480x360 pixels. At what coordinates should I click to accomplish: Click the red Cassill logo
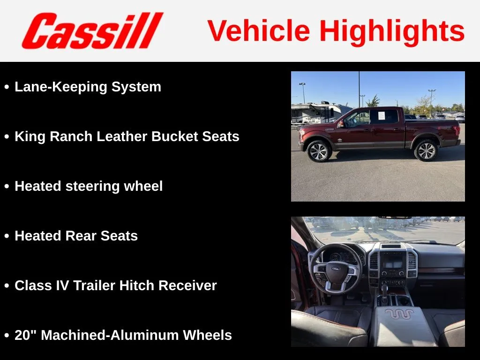coord(92,30)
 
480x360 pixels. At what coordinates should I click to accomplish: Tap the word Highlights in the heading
coord(392,31)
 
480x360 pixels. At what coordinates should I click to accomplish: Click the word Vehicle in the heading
coord(259,30)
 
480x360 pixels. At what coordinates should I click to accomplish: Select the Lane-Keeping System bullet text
coord(88,87)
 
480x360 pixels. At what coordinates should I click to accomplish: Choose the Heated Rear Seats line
coord(76,236)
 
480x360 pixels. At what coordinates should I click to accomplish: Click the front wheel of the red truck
coord(319,151)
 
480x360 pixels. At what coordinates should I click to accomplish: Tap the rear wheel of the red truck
coord(426,150)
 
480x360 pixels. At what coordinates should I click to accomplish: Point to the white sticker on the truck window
coord(382,115)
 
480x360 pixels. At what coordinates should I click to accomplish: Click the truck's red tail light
coord(457,130)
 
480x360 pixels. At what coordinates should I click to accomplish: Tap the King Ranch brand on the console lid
coord(399,314)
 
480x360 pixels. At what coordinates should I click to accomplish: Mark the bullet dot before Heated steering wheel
coord(7,187)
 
